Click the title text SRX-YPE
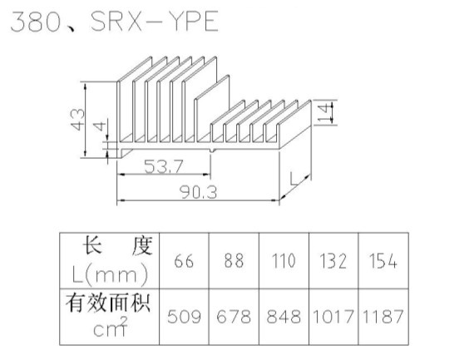click(155, 21)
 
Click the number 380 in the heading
click(36, 22)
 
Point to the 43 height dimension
click(77, 120)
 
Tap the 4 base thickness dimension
click(100, 126)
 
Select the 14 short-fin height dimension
click(324, 113)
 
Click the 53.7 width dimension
click(164, 166)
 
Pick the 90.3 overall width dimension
click(198, 193)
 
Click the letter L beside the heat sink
click(294, 179)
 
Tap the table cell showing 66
click(184, 261)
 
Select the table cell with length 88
click(234, 261)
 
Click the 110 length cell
click(284, 261)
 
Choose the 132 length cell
click(333, 261)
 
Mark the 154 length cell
click(382, 261)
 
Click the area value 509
click(184, 317)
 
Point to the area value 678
click(234, 317)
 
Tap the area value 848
click(284, 317)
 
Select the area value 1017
click(333, 317)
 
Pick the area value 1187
click(382, 317)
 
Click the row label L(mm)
click(110, 274)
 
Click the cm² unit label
click(111, 327)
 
